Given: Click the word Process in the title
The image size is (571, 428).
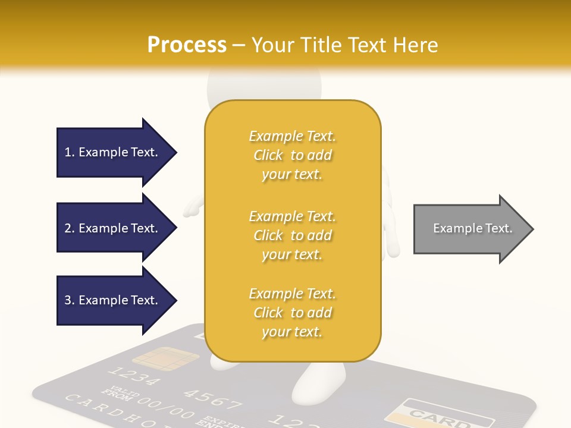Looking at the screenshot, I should point(187,45).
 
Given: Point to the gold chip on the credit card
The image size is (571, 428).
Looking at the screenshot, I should point(165,358).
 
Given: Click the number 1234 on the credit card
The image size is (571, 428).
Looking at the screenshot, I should point(134,376).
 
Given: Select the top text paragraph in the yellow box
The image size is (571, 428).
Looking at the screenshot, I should point(292,155).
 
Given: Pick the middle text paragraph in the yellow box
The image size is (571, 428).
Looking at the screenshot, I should point(292,235).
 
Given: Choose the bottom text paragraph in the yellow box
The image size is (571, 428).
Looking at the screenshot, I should point(292,313).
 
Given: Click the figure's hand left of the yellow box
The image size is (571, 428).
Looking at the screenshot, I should point(192,209).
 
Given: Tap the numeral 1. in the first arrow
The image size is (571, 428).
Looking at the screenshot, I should point(70,152).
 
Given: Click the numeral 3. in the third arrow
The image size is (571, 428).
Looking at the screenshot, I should point(70,300).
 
